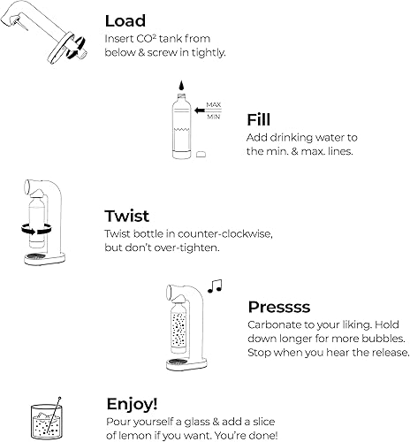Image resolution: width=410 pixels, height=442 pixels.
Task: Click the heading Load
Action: pos(125,20)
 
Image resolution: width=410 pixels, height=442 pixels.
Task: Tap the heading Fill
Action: pos(259,118)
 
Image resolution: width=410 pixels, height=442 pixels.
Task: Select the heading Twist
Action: pos(128,217)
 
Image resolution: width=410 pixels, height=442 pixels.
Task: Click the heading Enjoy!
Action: pos(132,403)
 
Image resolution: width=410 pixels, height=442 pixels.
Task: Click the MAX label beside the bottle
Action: pos(214,105)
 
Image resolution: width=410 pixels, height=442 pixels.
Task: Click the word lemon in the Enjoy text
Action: pos(145,436)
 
